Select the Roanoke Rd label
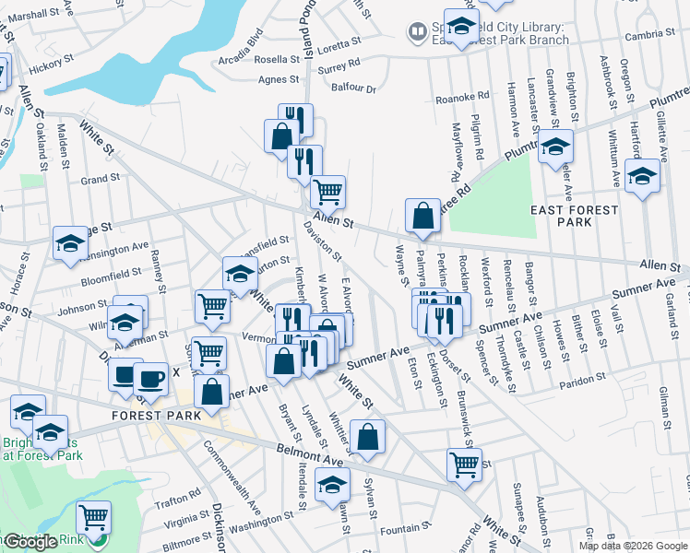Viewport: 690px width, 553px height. [461, 96]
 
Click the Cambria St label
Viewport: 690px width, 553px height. [648, 35]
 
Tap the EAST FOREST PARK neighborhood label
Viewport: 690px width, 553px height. [574, 216]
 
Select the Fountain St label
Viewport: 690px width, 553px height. [400, 529]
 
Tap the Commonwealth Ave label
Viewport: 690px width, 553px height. [232, 479]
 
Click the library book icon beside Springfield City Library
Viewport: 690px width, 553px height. [418, 33]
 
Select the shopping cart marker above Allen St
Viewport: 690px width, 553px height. [327, 192]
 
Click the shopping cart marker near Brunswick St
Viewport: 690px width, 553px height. [463, 464]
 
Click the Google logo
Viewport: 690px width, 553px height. [30, 542]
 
